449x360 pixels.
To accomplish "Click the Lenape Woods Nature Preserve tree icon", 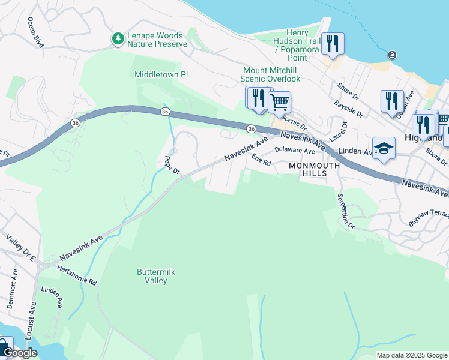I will click(118, 39).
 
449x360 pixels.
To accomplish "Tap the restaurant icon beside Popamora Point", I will click(332, 43).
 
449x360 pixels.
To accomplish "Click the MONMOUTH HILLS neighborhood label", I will click(308, 169).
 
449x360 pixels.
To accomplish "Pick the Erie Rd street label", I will click(261, 160).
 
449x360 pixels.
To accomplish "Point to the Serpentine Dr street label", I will click(345, 211).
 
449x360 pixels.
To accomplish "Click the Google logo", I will click(20, 353).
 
